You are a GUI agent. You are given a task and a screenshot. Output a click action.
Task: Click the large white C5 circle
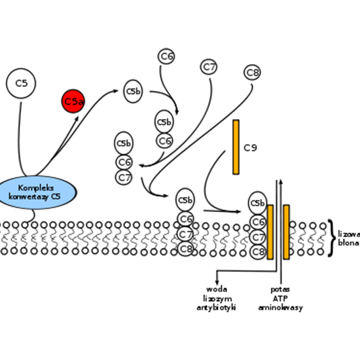21,84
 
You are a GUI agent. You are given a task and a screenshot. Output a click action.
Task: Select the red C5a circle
73,101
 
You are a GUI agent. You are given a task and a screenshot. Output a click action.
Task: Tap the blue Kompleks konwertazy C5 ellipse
36,192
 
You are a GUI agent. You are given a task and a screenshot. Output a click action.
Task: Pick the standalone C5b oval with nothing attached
133,92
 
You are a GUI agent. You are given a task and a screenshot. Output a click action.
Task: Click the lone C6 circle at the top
166,57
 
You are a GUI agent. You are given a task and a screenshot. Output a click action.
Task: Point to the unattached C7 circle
209,67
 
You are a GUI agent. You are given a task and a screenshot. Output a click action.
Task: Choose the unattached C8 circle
253,73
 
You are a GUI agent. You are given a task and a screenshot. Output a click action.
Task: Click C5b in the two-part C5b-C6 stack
164,122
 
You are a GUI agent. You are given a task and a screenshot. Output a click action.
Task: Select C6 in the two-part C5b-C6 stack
164,141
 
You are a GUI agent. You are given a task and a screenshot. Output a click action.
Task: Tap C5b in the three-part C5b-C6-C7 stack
124,143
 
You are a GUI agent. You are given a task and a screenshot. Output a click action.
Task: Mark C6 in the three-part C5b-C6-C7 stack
124,162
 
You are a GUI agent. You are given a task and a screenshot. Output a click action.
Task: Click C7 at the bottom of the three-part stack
124,177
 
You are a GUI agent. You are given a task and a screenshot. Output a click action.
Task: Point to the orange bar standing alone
236,147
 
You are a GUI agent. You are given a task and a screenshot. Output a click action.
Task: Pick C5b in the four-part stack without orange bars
185,200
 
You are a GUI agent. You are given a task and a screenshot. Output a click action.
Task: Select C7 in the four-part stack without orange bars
186,234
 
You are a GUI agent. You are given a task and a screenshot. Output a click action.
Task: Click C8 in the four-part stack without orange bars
186,249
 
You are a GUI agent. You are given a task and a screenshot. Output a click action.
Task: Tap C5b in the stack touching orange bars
258,204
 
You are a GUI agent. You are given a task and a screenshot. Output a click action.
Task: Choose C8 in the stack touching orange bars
259,252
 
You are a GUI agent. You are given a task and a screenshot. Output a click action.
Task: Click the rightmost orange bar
286,232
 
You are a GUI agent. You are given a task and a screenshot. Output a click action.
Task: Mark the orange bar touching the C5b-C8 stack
270,232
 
